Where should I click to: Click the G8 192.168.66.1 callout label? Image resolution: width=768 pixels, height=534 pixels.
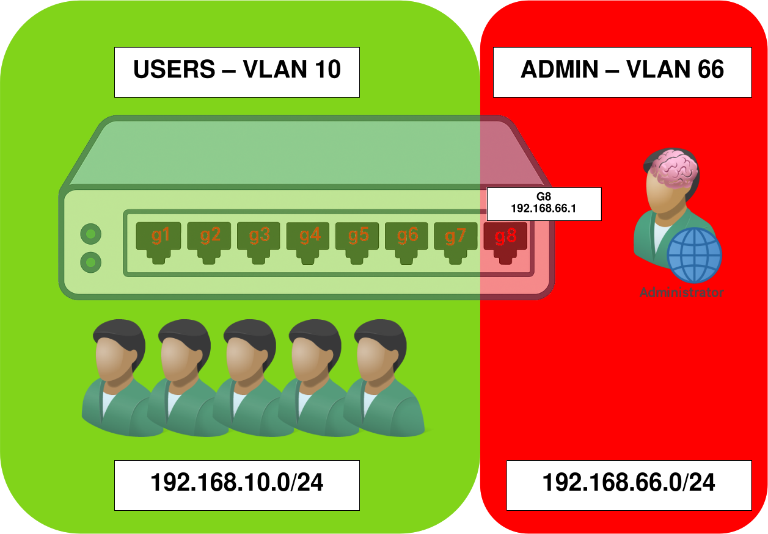(x=544, y=204)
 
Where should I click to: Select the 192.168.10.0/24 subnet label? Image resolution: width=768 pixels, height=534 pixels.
(x=237, y=485)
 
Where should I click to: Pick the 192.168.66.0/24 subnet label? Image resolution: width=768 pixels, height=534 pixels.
(x=629, y=485)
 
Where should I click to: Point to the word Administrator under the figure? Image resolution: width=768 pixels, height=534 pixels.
(x=682, y=293)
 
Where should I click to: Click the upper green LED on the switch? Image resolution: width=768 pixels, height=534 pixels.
(x=91, y=233)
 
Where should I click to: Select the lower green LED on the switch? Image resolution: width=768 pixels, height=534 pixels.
(x=91, y=261)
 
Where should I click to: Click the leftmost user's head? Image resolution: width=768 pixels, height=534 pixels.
(x=119, y=351)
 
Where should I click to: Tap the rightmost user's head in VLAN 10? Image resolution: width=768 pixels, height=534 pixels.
(x=379, y=351)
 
